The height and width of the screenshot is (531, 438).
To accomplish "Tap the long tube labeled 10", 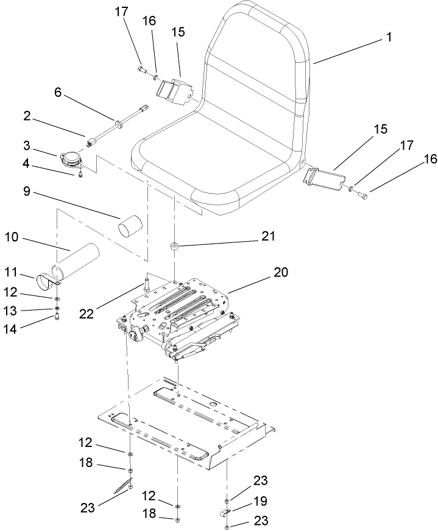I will click(79, 256).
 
